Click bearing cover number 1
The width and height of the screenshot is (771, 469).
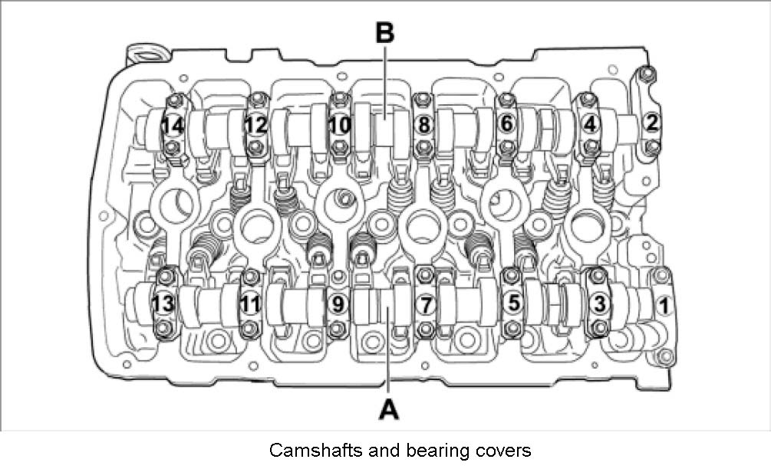coord(664,306)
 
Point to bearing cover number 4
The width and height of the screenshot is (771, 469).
coord(589,123)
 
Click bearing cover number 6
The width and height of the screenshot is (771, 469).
coord(506,123)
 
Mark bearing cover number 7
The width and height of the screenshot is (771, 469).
coord(426,305)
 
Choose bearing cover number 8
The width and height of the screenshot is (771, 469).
coord(421,123)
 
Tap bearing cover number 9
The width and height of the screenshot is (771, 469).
coord(337,305)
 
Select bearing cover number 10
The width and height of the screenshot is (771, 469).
coord(338,123)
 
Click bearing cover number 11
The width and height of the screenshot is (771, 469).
coord(249,305)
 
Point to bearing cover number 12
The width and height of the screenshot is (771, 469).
coord(255,123)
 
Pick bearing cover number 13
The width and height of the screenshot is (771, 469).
coord(163,305)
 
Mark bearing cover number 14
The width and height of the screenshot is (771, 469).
coord(173,123)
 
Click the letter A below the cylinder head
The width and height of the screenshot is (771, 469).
coord(390,409)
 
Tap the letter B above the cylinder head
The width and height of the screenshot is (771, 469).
coord(384,34)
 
